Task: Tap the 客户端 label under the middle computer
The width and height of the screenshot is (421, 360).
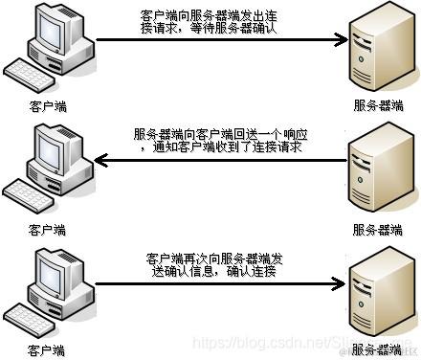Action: point(47,231)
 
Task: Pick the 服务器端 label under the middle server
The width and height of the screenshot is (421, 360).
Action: point(378,231)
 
